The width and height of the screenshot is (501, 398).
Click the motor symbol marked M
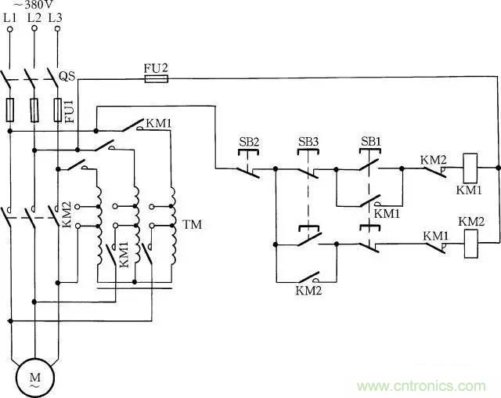coord(34,378)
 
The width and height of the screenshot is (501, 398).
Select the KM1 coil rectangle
coord(471,166)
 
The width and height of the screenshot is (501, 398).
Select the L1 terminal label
coord(11,16)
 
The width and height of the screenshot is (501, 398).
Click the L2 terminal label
coord(34,16)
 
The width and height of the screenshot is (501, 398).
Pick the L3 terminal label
coord(56,16)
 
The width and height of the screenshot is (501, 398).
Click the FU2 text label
coord(155,67)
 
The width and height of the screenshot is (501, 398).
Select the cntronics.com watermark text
coord(421,385)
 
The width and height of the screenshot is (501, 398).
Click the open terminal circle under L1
coord(11,29)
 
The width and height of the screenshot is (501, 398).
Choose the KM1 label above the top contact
coord(159,122)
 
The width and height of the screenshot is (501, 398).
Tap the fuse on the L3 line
coord(57,109)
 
